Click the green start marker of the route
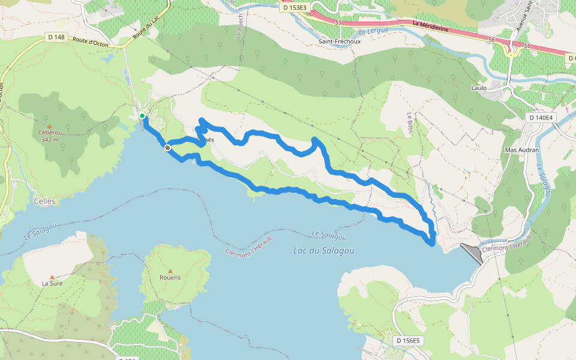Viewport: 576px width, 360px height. click(142, 116)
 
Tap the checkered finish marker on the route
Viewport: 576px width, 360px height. click(167, 147)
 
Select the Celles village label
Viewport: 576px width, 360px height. click(44, 202)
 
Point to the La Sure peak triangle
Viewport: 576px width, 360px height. click(52, 277)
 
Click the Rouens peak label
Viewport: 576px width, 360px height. click(170, 277)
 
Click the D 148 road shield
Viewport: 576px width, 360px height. click(55, 37)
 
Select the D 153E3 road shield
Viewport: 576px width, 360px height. click(294, 8)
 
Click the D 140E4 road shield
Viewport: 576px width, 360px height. click(541, 118)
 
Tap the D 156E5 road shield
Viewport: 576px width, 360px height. click(409, 341)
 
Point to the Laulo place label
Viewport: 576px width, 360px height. click(479, 88)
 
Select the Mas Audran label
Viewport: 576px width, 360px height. click(522, 150)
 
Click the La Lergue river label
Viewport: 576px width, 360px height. click(373, 31)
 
